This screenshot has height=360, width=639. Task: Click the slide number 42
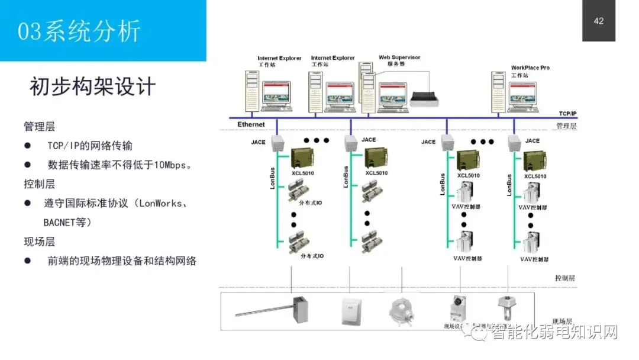coord(599,21)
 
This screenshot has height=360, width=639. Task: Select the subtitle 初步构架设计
coord(92,86)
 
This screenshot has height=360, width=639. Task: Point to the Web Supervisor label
coord(399,57)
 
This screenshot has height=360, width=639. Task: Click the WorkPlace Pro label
coord(530,68)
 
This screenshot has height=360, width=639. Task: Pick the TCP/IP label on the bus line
coord(567,113)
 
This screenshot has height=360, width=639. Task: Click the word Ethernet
coord(251,124)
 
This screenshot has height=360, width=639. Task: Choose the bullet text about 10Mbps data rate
coord(120,165)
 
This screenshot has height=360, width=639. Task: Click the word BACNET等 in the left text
coord(67,223)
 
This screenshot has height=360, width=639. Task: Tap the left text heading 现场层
coord(40,242)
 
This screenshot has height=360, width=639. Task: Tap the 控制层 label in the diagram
coord(564,278)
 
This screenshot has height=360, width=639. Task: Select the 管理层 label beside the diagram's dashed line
coord(566,126)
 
